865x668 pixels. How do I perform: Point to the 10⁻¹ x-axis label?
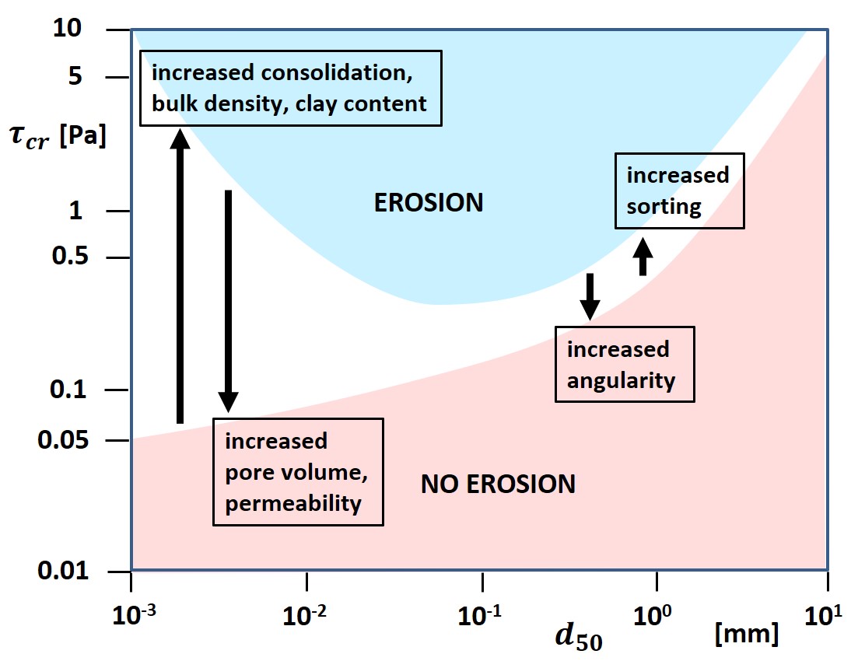(482, 615)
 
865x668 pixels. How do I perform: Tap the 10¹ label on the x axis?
(826, 615)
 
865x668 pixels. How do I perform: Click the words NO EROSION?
(498, 485)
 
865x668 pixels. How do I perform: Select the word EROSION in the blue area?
(429, 203)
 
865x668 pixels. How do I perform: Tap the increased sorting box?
(679, 191)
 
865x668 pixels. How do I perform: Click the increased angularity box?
(624, 365)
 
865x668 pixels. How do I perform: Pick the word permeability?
(293, 503)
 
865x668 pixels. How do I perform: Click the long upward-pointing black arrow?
(180, 276)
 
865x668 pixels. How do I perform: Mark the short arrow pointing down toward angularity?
(590, 296)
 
